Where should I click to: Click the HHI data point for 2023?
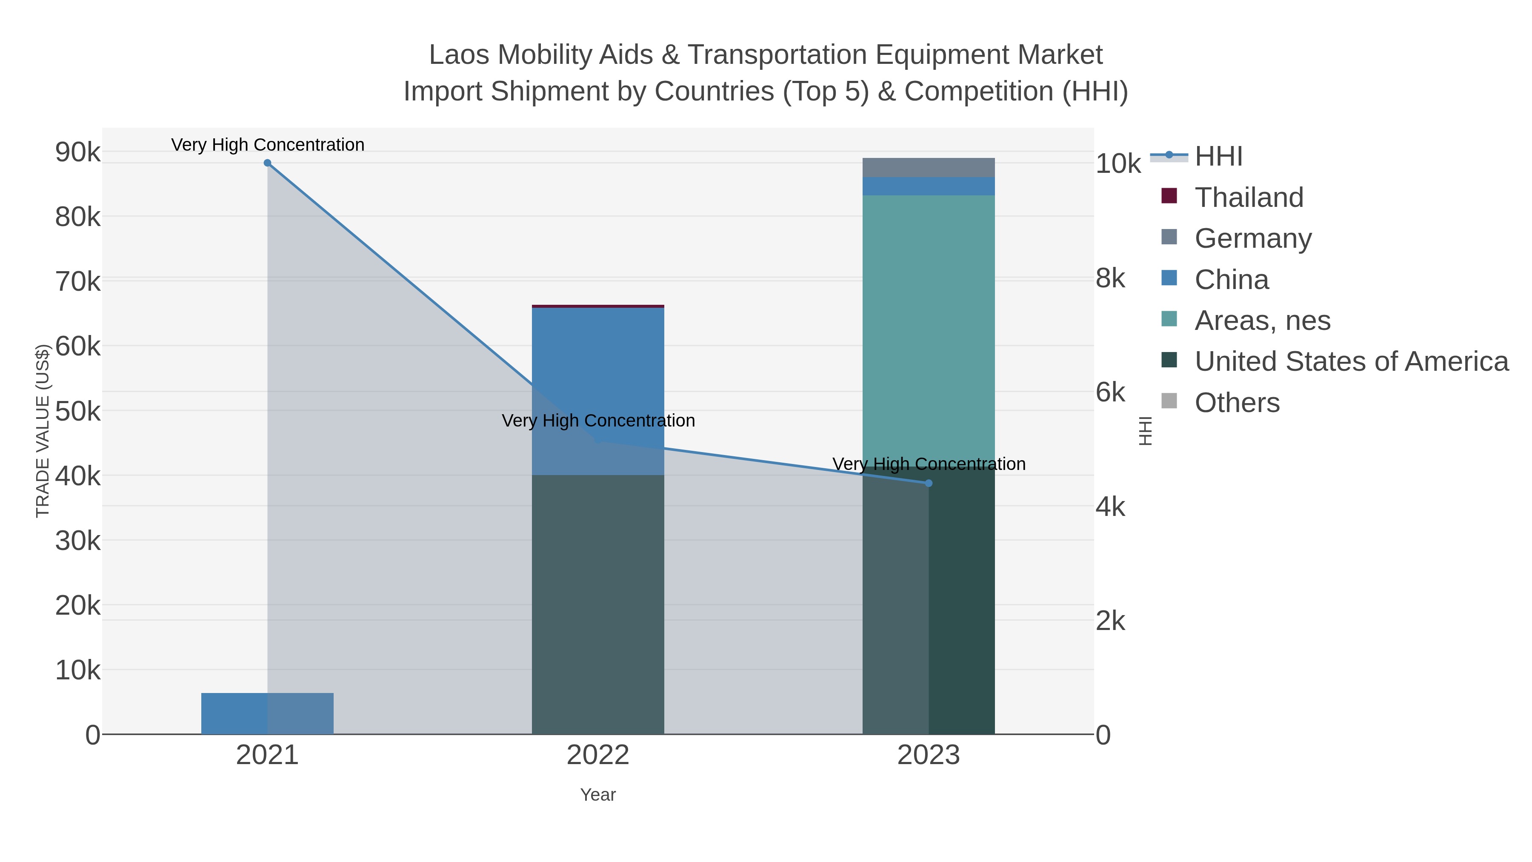[929, 483]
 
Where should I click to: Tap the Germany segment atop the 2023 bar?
[929, 168]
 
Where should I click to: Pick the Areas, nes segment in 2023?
[929, 327]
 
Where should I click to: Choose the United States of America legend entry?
[1351, 362]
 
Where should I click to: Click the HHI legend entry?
[1218, 157]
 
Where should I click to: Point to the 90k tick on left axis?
[78, 153]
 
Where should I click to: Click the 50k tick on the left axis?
[78, 412]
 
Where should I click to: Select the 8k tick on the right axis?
[1110, 279]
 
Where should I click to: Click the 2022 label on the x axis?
[598, 756]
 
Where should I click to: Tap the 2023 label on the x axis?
[929, 756]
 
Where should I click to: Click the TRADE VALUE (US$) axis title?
[43, 431]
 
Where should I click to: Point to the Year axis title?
[598, 795]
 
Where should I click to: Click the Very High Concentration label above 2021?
[268, 145]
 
